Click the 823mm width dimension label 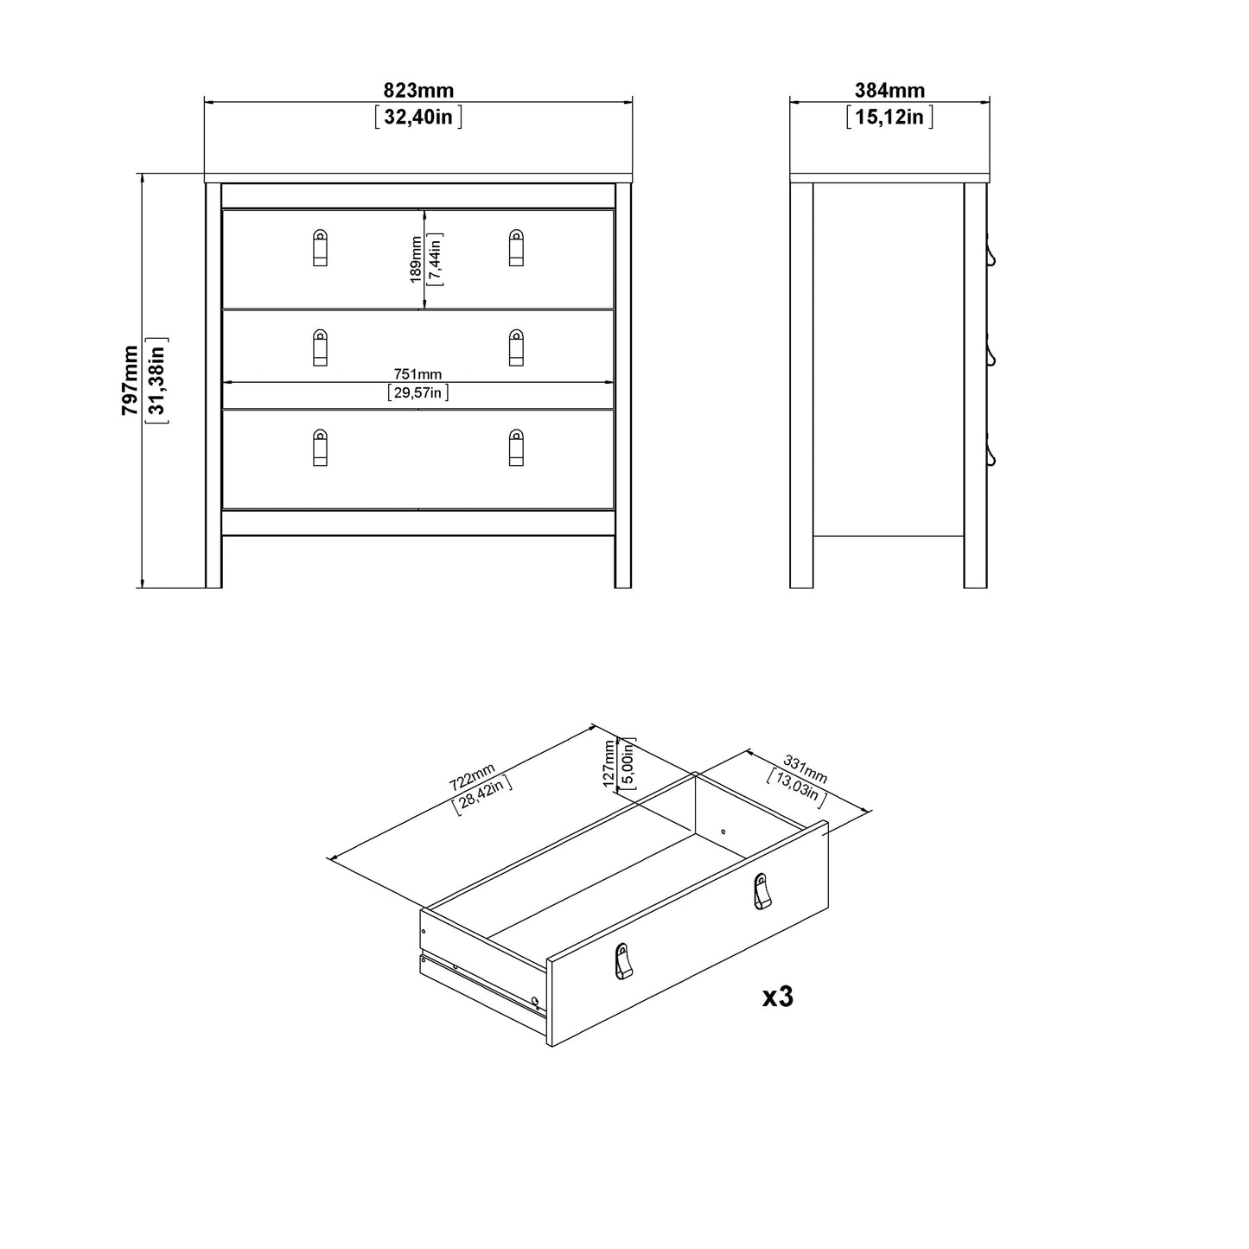point(418,90)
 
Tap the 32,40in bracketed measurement point(418,117)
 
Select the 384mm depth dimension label point(889,90)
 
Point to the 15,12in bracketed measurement point(889,117)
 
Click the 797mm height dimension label point(130,380)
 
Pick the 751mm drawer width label point(418,374)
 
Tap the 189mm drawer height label point(415,259)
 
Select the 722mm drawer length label point(472,776)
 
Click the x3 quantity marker point(777,997)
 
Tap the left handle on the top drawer point(320,247)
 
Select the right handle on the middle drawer point(516,347)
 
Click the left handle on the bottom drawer point(320,447)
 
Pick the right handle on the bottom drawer point(516,447)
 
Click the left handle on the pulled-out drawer point(623,961)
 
